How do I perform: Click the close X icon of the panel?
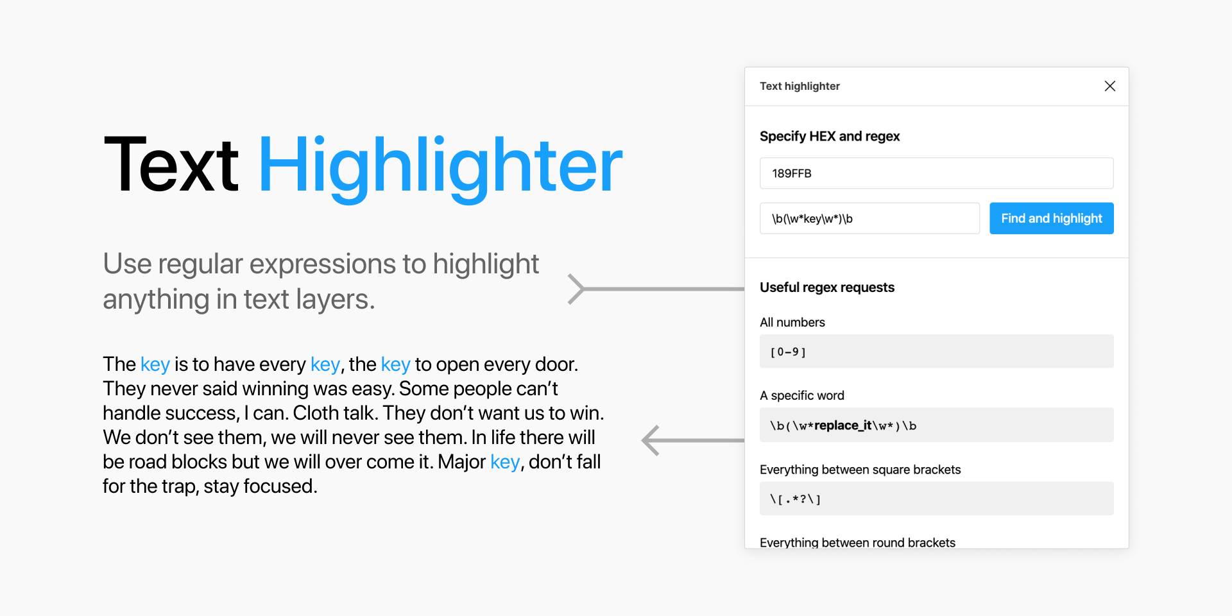point(1109,86)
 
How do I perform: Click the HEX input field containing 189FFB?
point(936,173)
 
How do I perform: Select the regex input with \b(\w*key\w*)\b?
point(869,219)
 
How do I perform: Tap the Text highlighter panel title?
point(800,86)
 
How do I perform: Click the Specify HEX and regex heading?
point(829,136)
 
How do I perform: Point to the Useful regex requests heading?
point(826,287)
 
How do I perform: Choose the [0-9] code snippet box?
point(936,352)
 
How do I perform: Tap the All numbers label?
point(792,322)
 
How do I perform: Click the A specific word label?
point(801,395)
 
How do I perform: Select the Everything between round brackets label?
point(857,542)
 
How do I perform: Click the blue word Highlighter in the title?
point(440,166)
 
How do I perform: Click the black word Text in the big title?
point(171,166)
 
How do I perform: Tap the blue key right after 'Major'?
point(504,462)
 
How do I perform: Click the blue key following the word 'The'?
point(155,364)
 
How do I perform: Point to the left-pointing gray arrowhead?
point(651,440)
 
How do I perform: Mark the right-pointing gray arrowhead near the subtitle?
point(576,289)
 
